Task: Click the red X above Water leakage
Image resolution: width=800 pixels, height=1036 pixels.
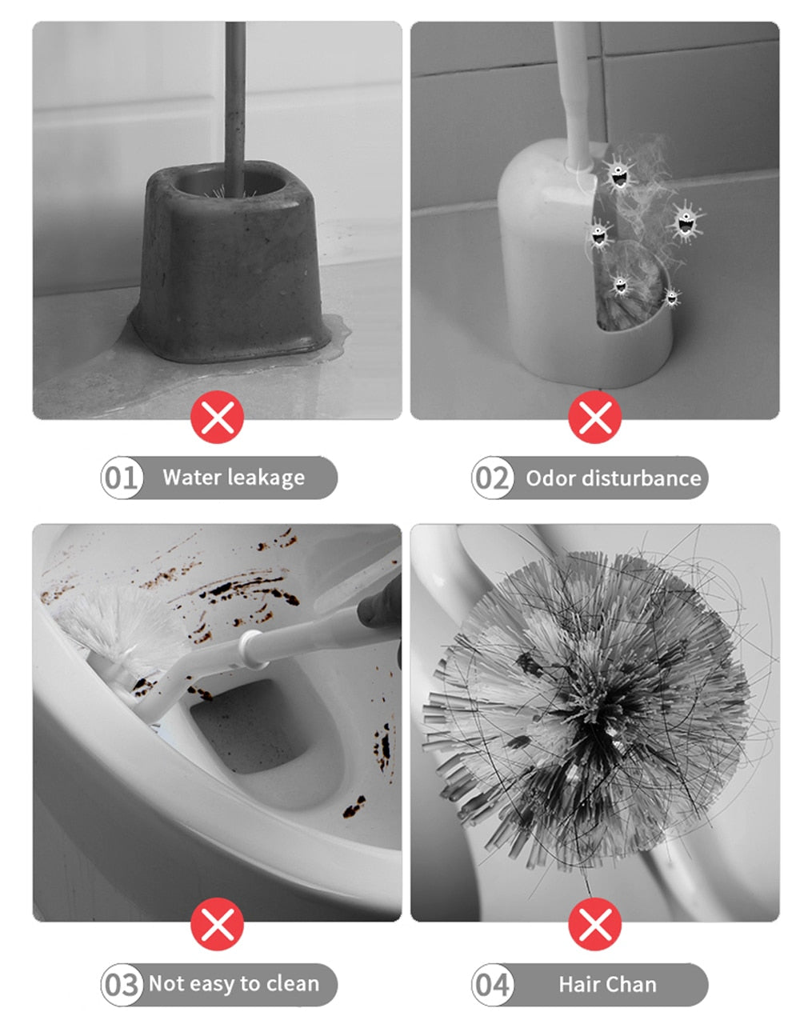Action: [217, 417]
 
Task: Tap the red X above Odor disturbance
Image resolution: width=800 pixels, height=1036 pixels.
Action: [594, 417]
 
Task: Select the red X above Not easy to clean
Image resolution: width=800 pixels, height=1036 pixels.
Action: [217, 924]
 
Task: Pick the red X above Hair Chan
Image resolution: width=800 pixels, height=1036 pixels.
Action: [594, 924]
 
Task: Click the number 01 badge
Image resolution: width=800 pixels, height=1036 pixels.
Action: [122, 478]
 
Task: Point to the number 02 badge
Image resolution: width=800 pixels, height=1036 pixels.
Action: [492, 478]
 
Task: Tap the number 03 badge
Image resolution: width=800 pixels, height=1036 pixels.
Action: [122, 984]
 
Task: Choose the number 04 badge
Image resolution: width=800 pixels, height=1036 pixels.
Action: [492, 984]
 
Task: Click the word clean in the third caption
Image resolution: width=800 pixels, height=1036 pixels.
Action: [292, 983]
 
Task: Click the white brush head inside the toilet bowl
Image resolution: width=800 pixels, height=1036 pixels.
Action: [112, 624]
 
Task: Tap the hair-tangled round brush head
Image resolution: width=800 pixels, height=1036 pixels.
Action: [592, 704]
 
